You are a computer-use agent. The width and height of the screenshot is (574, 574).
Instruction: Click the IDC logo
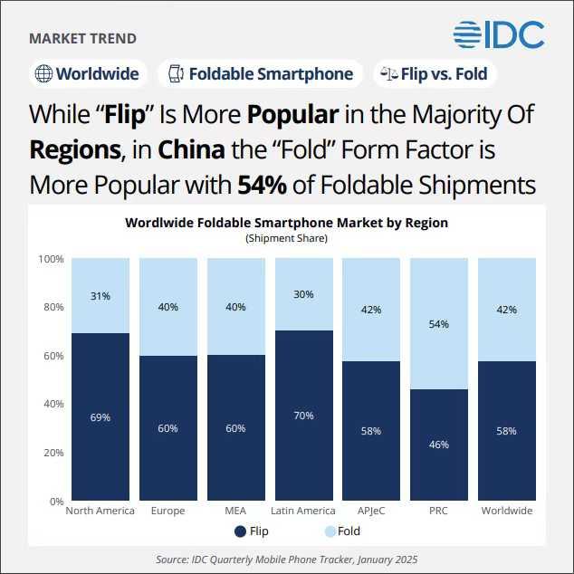pos(499,33)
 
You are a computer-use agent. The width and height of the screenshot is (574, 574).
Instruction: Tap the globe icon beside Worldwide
pos(43,74)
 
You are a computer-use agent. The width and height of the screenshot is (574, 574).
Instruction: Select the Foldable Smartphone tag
pos(261,74)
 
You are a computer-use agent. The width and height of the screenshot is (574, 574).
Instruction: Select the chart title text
pos(286,222)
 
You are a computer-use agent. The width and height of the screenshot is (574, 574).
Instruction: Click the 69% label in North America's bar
pos(100,417)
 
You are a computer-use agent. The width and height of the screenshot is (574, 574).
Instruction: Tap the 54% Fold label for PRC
pos(439,323)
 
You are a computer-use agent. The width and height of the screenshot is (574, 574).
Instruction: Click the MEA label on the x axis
pos(235,511)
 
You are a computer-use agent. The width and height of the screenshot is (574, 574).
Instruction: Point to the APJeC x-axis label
pos(371,511)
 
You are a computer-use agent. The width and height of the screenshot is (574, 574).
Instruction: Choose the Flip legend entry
pos(252,531)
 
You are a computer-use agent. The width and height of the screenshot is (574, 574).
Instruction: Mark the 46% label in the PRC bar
pos(439,445)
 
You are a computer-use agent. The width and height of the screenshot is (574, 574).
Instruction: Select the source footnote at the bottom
pos(286,560)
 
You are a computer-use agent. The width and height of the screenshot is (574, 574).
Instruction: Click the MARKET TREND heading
pos(83,39)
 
